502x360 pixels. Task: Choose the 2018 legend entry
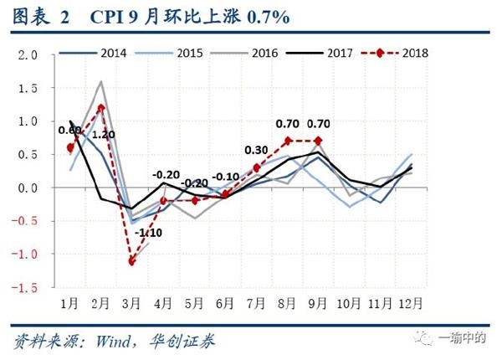410,53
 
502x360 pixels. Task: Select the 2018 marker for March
131,261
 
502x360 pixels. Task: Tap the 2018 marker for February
101,108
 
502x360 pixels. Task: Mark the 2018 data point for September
317,141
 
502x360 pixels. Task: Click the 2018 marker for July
256,167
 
